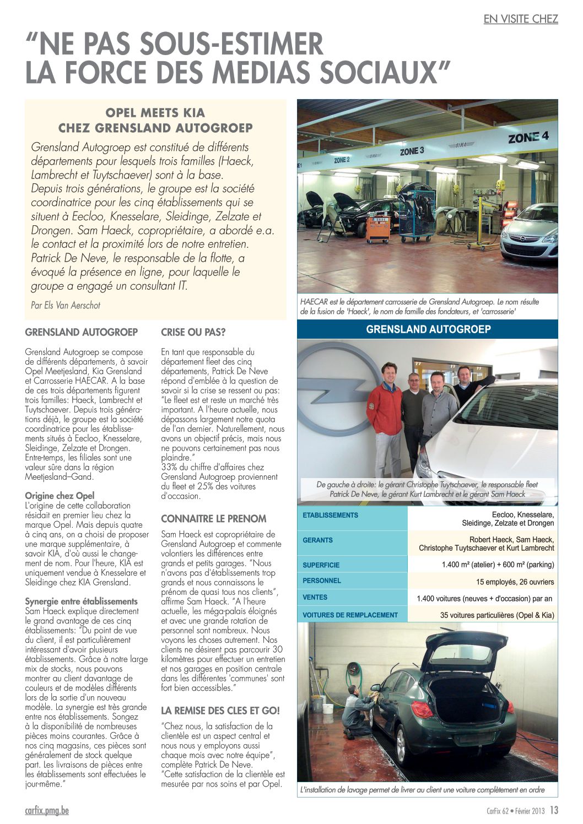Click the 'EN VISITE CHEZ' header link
click(521, 19)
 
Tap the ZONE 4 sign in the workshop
click(528, 137)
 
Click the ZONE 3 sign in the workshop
click(412, 150)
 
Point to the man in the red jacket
click(385, 408)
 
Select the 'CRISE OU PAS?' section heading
click(193, 333)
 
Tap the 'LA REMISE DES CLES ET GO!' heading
click(220, 711)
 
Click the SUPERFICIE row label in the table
click(321, 565)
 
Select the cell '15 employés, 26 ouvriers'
click(515, 582)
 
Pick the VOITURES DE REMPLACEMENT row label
click(350, 615)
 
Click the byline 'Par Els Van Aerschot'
click(66, 305)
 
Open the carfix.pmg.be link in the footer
click(47, 811)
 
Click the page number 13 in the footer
click(554, 810)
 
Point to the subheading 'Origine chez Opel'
click(60, 496)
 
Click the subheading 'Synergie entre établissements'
click(81, 601)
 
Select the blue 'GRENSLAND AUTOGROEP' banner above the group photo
click(428, 329)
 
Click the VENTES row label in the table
click(315, 597)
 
